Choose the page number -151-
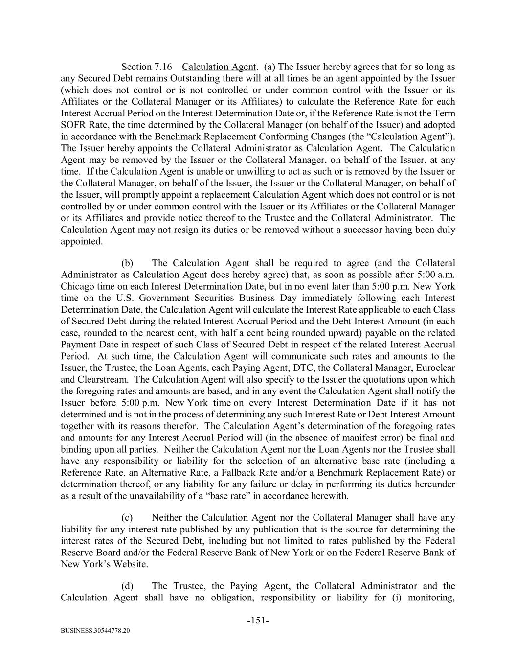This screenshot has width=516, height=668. click(x=258, y=621)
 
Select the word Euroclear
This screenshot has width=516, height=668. click(x=435, y=368)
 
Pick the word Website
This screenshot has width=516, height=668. click(x=131, y=564)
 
